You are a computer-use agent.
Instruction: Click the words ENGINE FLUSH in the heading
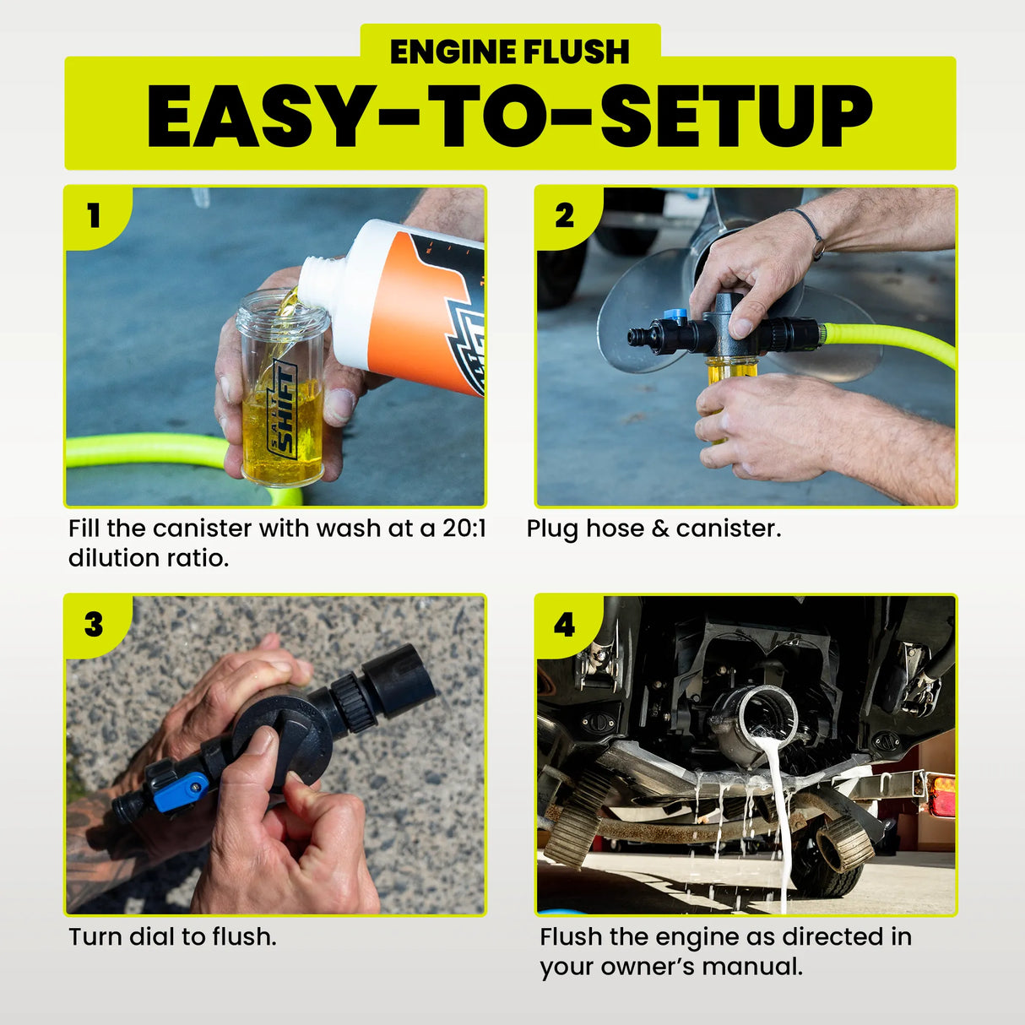(x=510, y=52)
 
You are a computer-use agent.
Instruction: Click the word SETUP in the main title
(x=735, y=117)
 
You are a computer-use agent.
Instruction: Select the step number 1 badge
(x=94, y=216)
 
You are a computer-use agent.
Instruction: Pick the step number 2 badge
(x=564, y=216)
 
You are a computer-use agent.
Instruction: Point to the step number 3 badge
(x=94, y=625)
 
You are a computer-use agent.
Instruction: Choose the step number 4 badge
(x=564, y=625)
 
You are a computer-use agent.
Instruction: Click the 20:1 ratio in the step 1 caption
(x=464, y=529)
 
